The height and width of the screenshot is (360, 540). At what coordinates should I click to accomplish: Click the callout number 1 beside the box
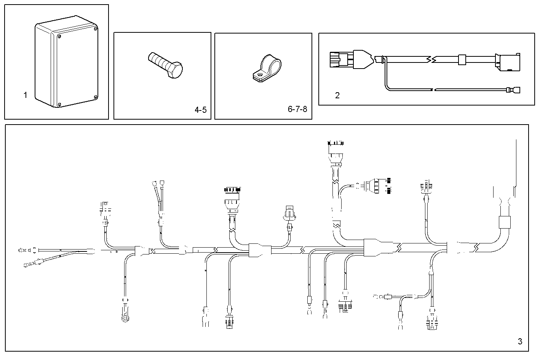point(26,95)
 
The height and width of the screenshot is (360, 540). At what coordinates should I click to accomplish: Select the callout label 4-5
point(200,110)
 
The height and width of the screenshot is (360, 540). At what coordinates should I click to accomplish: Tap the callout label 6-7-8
point(297,109)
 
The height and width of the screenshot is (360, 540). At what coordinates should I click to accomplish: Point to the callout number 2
point(337,96)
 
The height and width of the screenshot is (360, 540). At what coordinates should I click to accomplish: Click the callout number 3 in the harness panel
point(520,341)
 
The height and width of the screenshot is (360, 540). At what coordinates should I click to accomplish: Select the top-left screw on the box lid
point(59,37)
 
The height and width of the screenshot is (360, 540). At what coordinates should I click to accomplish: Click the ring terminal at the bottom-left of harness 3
point(124,318)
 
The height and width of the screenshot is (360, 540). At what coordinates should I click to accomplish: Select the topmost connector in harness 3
point(335,144)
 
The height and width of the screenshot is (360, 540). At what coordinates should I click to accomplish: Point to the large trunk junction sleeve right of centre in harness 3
point(378,247)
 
